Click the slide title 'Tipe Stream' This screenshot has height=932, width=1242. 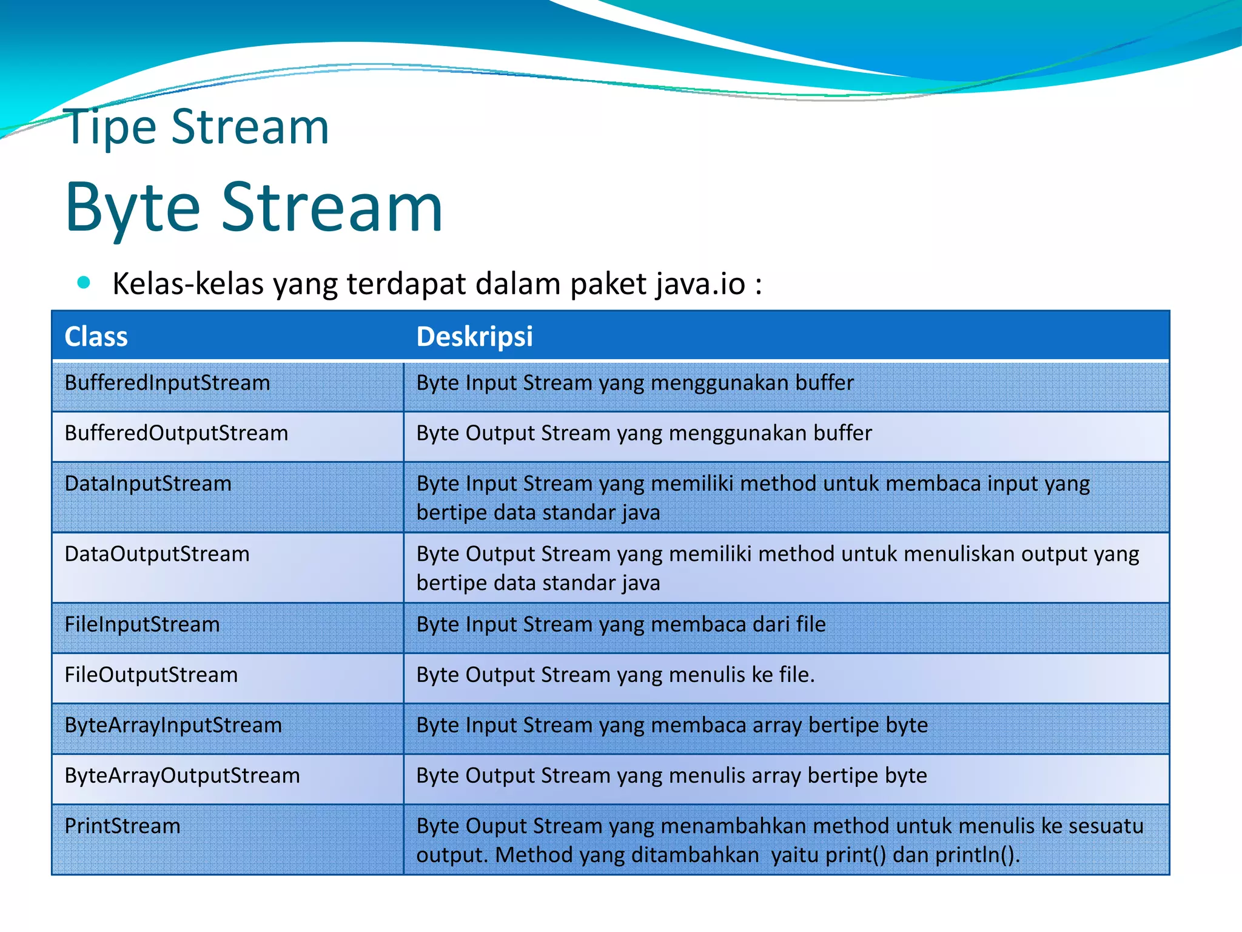click(197, 127)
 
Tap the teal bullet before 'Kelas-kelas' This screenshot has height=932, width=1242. click(84, 282)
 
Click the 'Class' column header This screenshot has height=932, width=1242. click(96, 337)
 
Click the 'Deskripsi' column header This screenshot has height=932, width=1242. click(474, 337)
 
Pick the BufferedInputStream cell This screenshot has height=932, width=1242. click(167, 383)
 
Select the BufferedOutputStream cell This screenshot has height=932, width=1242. click(176, 433)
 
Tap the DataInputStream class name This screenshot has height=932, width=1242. click(148, 484)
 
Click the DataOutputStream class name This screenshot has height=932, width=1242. click(157, 554)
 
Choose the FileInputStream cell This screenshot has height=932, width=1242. click(142, 624)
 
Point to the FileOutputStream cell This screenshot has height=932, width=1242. click(151, 675)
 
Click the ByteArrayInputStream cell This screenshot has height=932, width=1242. click(173, 725)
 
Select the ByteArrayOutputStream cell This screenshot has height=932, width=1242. click(182, 775)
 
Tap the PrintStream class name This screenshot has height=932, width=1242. click(123, 826)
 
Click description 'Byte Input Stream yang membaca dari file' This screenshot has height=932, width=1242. click(620, 624)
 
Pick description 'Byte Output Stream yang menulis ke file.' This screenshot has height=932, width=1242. click(615, 675)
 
